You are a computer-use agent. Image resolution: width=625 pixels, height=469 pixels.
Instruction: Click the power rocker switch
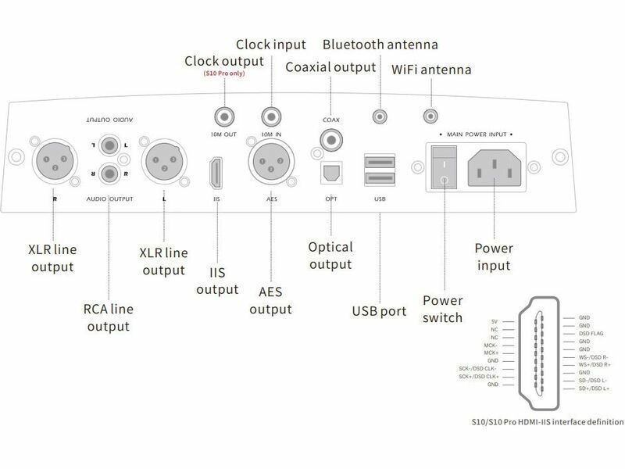pyautogui.click(x=443, y=164)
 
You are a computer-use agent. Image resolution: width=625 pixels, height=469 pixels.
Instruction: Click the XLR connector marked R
pyautogui.click(x=52, y=163)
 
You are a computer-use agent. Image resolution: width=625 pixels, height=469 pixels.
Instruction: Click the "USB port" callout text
pyautogui.click(x=379, y=312)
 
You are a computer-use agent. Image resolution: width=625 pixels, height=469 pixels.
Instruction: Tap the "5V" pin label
pyautogui.click(x=494, y=321)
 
